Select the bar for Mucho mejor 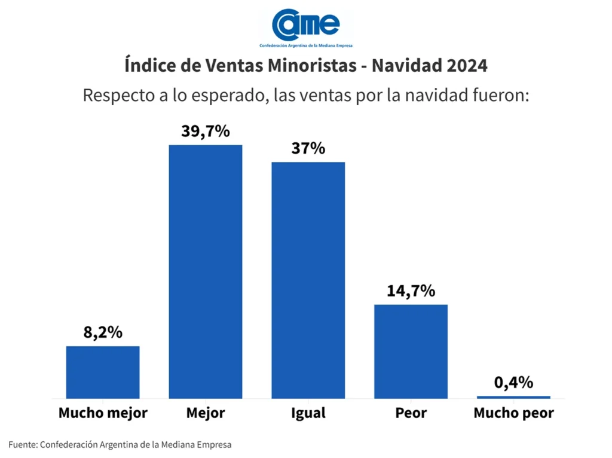click(x=103, y=372)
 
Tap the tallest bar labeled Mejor click(x=206, y=271)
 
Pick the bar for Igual click(x=308, y=280)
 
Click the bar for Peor click(x=411, y=351)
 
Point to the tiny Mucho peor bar click(x=513, y=397)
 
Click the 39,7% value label click(x=206, y=132)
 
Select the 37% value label click(x=308, y=148)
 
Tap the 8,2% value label click(x=103, y=332)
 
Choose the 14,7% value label click(x=411, y=291)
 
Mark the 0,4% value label click(x=513, y=383)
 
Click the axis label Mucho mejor click(x=103, y=413)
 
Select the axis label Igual click(x=308, y=413)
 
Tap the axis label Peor click(x=411, y=413)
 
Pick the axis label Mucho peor click(x=513, y=413)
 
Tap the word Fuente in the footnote click(x=22, y=445)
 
